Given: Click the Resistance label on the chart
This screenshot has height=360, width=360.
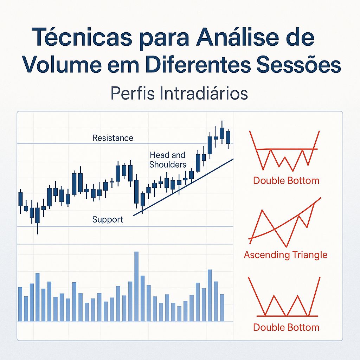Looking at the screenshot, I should point(112,138).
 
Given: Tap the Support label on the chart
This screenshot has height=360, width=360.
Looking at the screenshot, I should point(108,220).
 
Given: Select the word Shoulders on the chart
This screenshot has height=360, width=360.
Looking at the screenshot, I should point(168,165).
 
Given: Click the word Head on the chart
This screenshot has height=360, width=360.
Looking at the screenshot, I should point(157,155).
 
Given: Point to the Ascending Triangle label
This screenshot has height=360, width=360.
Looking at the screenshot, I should point(285,255).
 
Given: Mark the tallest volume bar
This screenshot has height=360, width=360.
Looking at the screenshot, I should point(136,286).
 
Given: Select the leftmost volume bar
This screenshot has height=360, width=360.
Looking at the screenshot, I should point(20,304).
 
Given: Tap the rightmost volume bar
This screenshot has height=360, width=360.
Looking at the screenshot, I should point(222,308).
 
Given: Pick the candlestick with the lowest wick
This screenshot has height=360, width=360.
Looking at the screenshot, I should point(37,220).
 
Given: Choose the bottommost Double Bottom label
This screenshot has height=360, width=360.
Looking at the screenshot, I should point(286,328).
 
